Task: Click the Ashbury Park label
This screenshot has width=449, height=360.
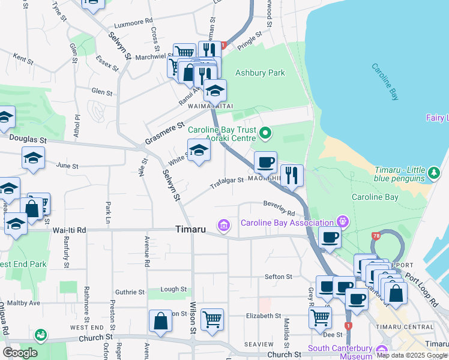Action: (x=260, y=73)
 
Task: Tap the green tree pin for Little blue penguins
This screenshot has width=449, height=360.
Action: (x=435, y=173)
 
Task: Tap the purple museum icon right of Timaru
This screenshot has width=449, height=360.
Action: (x=224, y=226)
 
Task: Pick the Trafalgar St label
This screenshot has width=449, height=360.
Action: (x=227, y=182)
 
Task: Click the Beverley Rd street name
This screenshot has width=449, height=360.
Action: (x=279, y=209)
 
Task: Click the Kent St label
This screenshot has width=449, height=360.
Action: (x=23, y=59)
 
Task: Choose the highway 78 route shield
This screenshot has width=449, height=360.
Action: (x=376, y=236)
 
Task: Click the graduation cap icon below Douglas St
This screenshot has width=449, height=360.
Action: (x=34, y=158)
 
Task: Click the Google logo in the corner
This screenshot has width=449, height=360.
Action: (x=20, y=353)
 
